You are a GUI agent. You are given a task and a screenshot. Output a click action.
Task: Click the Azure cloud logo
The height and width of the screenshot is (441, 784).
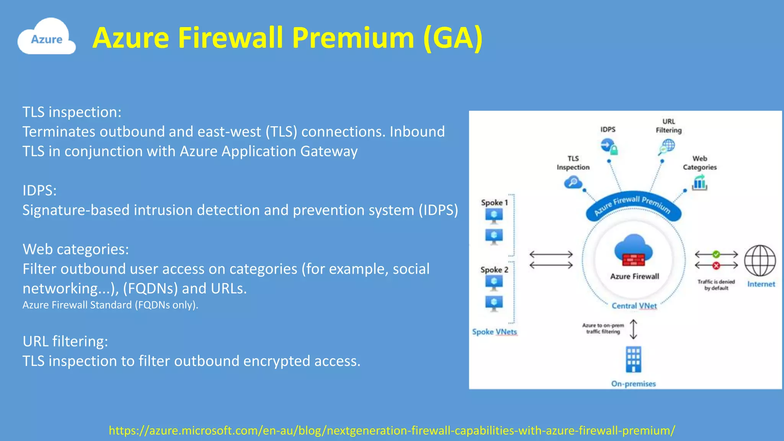pyautogui.click(x=46, y=37)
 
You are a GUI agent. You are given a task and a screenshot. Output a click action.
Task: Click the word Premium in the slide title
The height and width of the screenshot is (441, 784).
pyautogui.click(x=353, y=38)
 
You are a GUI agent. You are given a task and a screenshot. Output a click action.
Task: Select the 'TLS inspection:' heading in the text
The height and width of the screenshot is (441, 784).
pyautogui.click(x=72, y=112)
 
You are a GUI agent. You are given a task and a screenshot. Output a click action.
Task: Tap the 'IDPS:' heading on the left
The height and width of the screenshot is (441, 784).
pyautogui.click(x=39, y=190)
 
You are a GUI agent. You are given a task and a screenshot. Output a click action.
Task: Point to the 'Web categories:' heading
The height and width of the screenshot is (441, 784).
pyautogui.click(x=76, y=249)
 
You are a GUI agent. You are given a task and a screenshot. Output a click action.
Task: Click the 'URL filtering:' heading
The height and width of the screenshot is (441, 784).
pyautogui.click(x=65, y=341)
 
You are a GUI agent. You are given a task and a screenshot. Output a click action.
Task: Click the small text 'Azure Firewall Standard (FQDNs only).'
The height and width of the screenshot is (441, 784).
pyautogui.click(x=110, y=305)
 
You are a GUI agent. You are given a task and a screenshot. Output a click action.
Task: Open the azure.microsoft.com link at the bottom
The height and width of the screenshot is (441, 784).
pyautogui.click(x=392, y=430)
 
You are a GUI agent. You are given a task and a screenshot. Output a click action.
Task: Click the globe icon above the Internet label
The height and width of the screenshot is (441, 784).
pyautogui.click(x=760, y=261)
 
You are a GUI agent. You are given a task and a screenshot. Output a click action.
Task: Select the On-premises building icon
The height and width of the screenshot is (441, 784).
pyautogui.click(x=634, y=359)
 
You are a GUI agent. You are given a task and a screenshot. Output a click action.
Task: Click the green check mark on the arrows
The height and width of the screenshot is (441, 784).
pyautogui.click(x=716, y=254)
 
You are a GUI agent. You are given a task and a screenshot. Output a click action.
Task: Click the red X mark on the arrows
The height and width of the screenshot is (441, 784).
pyautogui.click(x=716, y=265)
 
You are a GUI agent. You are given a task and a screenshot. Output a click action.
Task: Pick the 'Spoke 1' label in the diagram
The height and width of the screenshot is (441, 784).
pyautogui.click(x=494, y=203)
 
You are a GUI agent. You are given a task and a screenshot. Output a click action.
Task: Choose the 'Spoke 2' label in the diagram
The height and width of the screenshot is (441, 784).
pyautogui.click(x=494, y=269)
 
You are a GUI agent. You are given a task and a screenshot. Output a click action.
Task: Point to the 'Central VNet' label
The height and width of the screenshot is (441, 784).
pyautogui.click(x=634, y=305)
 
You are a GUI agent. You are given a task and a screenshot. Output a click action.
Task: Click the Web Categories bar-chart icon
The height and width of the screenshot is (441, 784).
pyautogui.click(x=699, y=183)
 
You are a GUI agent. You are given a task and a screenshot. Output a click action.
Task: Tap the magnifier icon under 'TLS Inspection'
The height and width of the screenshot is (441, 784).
pyautogui.click(x=573, y=182)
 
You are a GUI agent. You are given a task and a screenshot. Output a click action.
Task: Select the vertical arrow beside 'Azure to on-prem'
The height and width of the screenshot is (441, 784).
pyautogui.click(x=634, y=329)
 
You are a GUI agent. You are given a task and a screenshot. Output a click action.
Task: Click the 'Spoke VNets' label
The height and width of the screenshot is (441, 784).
pyautogui.click(x=494, y=332)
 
